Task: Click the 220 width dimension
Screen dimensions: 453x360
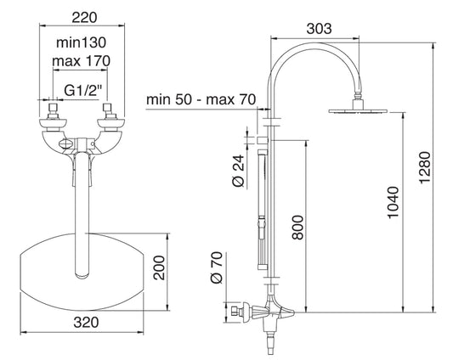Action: pyautogui.click(x=84, y=18)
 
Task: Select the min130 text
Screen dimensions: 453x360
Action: pyautogui.click(x=82, y=42)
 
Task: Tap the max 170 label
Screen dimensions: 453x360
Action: pyautogui.click(x=82, y=61)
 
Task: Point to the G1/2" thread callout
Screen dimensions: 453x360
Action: pyautogui.click(x=83, y=91)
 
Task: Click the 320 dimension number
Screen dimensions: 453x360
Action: pyautogui.click(x=86, y=323)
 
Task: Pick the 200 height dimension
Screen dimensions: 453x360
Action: pyautogui.click(x=159, y=267)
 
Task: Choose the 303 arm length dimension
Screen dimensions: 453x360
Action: pyautogui.click(x=319, y=29)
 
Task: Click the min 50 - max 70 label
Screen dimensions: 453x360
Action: pyautogui.click(x=201, y=99)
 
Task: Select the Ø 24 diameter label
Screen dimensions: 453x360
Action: pyautogui.click(x=239, y=172)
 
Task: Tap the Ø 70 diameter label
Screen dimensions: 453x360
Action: pyautogui.click(x=217, y=267)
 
